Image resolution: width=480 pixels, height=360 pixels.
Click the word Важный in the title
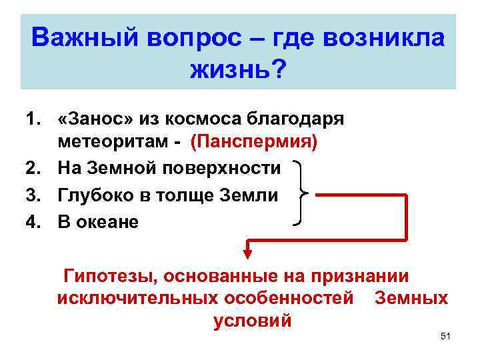click(81, 38)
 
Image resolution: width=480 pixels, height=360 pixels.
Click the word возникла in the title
click(386, 38)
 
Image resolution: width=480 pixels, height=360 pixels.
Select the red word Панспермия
click(255, 143)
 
